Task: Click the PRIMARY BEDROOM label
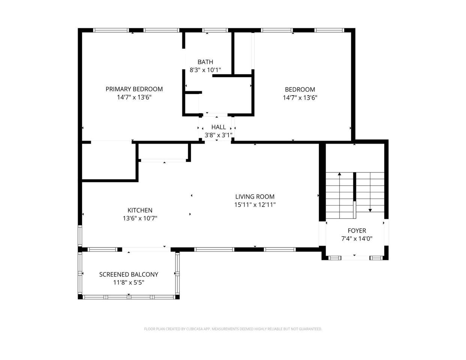point(134,89)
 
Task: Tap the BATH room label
point(205,62)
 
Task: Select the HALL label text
point(218,127)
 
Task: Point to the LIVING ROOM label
point(255,196)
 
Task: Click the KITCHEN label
point(140,210)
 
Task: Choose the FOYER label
point(357,231)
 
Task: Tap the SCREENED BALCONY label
point(129,274)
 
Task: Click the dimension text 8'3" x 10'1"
point(205,70)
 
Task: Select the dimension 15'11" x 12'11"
point(255,205)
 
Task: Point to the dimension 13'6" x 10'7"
point(140,218)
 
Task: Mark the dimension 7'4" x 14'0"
point(357,238)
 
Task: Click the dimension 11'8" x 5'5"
point(129,283)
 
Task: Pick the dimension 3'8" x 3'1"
point(218,135)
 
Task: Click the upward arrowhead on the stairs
point(340,174)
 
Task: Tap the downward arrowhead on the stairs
point(370,210)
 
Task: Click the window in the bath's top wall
point(215,30)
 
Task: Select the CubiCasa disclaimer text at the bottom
point(233,329)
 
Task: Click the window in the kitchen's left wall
point(80,236)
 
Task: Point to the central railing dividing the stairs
point(355,195)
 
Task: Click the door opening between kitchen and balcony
point(146,249)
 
